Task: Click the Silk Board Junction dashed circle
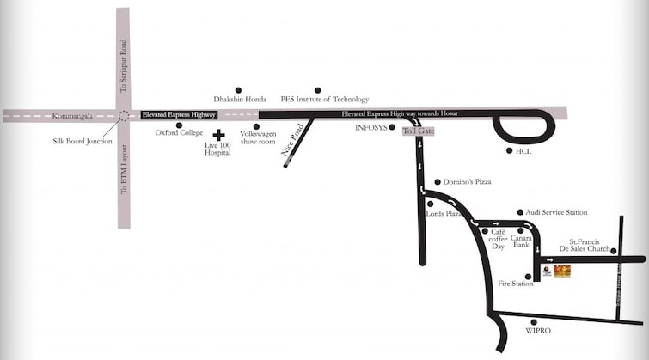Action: (123, 115)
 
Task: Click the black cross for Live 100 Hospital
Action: (218, 135)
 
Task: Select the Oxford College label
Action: (178, 133)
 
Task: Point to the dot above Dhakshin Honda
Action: (239, 89)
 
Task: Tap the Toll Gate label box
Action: (419, 131)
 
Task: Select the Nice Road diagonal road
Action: (298, 142)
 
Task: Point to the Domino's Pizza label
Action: (467, 182)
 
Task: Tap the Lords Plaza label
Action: (445, 212)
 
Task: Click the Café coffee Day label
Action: (498, 240)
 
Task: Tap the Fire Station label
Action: (515, 284)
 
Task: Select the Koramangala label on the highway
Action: (71, 115)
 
